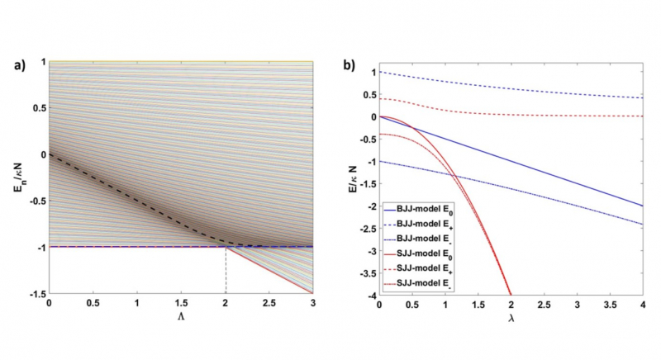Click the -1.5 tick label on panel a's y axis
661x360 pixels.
[x=36, y=293]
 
